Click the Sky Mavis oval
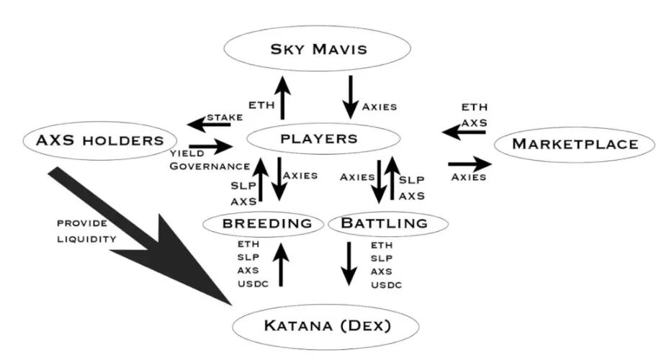318,49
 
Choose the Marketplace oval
575,144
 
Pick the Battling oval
383,223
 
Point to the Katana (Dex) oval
325,325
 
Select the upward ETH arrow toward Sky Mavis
282,98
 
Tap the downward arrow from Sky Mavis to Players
351,96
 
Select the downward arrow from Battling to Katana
350,263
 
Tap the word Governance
210,166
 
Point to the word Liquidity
86,238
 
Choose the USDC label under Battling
386,285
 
